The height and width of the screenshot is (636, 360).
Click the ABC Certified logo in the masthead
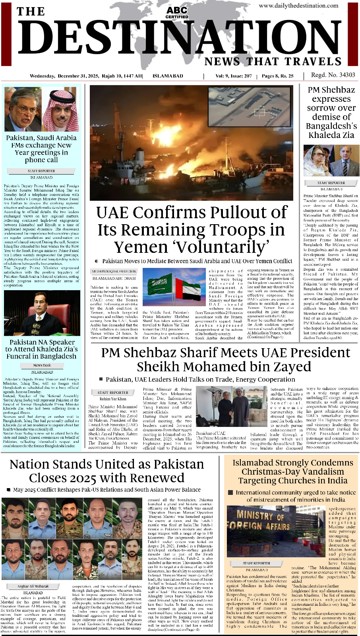coord(177,12)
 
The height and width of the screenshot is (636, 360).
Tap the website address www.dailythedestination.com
coord(298,6)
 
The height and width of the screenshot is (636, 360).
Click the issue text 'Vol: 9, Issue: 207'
coord(234,76)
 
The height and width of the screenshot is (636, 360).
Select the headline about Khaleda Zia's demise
coord(331,112)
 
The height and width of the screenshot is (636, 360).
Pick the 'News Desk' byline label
coord(42,365)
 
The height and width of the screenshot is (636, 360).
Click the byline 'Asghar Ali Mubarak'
coord(33,586)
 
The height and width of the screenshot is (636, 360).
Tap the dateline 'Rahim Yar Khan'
coord(113,399)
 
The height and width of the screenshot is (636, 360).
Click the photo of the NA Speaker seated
coord(42,314)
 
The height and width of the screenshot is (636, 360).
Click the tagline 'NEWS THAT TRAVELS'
coord(273,62)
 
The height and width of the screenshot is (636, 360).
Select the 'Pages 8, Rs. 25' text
coord(277,76)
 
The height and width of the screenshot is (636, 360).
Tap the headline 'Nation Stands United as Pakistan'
coord(106,464)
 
